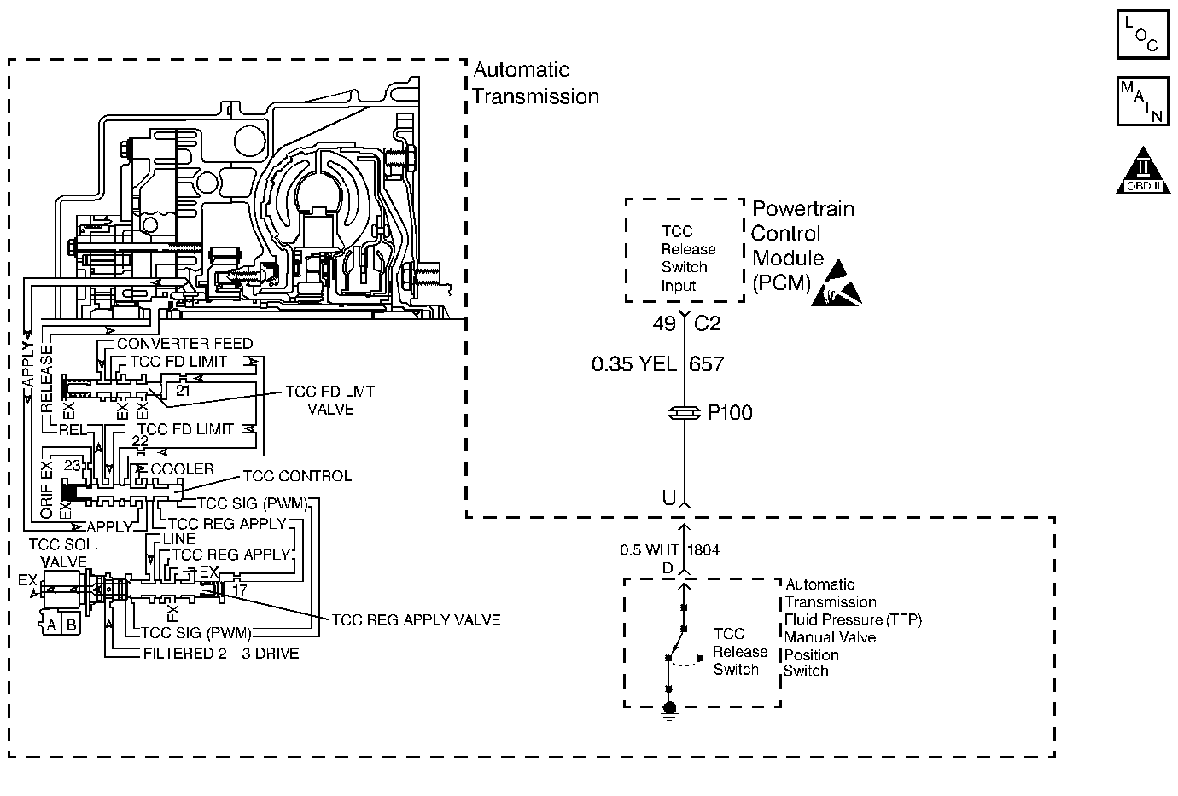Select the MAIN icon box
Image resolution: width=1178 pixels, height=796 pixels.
(1143, 101)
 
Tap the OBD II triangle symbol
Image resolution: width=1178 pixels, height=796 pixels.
(1143, 171)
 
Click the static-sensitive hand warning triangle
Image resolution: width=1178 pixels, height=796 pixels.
(837, 283)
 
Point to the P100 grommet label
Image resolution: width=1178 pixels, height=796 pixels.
(729, 413)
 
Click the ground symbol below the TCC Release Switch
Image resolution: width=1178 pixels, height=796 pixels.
(669, 711)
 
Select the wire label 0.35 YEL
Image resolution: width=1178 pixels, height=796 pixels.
(633, 363)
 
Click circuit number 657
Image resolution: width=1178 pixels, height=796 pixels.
(706, 363)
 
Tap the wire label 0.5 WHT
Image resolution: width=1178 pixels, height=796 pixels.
(649, 550)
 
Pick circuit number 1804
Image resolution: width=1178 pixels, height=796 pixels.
(703, 550)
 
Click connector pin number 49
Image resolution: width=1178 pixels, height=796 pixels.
(663, 323)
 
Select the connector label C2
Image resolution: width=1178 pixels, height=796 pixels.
(707, 323)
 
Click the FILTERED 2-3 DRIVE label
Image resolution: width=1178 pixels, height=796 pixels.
(221, 654)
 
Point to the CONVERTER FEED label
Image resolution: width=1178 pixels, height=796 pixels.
(184, 344)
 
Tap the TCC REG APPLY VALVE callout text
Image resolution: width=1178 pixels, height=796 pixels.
(416, 620)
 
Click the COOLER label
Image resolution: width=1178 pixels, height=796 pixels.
(182, 469)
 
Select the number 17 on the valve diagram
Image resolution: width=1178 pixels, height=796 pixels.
(239, 590)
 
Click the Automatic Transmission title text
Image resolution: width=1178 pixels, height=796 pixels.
(535, 83)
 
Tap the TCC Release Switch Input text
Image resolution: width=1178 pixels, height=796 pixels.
(688, 259)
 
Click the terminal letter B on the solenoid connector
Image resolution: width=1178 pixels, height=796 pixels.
(72, 625)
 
